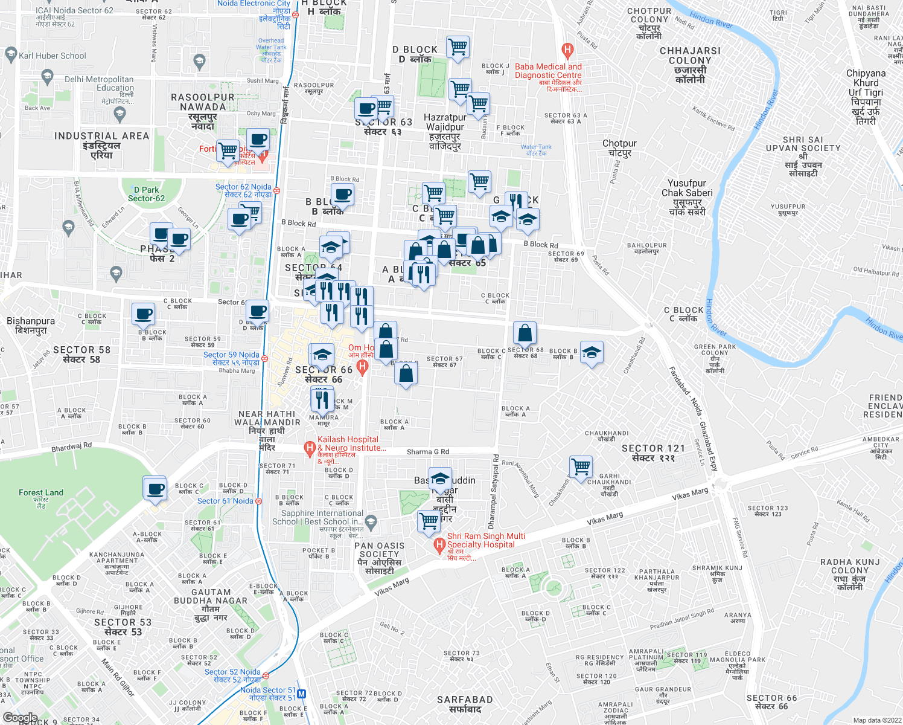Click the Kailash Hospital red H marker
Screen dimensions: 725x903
[310, 448]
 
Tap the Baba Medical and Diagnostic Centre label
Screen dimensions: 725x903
[548, 71]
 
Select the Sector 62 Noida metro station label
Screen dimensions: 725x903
[243, 191]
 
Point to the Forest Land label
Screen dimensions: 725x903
[40, 493]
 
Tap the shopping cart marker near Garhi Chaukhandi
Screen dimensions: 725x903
[581, 466]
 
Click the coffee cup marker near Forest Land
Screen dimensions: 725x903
[155, 488]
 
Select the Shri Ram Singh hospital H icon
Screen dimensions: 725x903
[440, 545]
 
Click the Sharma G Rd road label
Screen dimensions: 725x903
[428, 452]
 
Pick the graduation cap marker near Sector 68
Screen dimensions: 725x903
[592, 353]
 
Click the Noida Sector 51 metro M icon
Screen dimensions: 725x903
[302, 694]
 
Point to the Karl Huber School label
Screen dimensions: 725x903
[53, 56]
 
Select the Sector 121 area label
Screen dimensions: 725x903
[653, 453]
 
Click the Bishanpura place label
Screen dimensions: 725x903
[31, 326]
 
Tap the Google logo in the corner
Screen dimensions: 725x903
[20, 718]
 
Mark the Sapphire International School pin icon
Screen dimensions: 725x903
[371, 520]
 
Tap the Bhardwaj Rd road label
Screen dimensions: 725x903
[72, 447]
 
